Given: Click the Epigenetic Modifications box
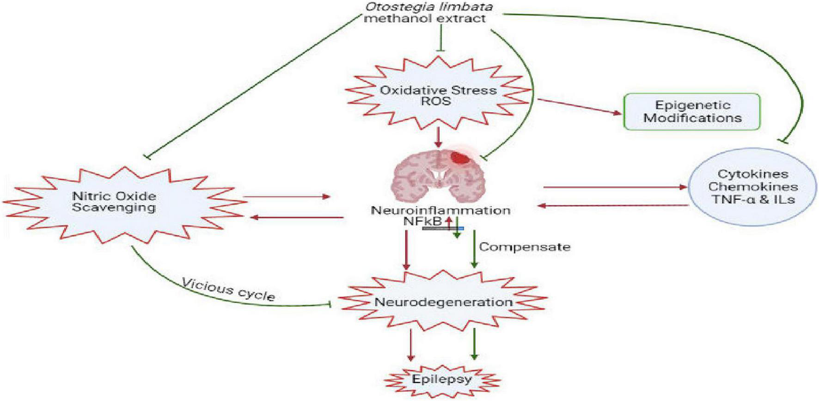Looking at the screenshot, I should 692,111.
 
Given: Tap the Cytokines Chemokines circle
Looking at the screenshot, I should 752,187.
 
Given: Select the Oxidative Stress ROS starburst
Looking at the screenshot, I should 438,95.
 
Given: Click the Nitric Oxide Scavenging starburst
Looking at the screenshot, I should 114,201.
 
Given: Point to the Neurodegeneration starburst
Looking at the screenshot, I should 443,302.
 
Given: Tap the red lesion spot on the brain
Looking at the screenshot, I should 459,158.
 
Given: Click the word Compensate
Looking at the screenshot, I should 525,247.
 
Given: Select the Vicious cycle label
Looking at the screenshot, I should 229,289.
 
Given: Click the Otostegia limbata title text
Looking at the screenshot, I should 429,7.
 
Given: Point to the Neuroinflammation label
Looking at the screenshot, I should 440,210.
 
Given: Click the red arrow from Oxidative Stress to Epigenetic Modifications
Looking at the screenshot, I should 580,106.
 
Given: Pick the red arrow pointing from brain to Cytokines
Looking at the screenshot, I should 615,187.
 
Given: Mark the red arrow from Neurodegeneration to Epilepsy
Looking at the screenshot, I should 410,344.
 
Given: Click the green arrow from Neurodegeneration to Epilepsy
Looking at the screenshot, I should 474,344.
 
